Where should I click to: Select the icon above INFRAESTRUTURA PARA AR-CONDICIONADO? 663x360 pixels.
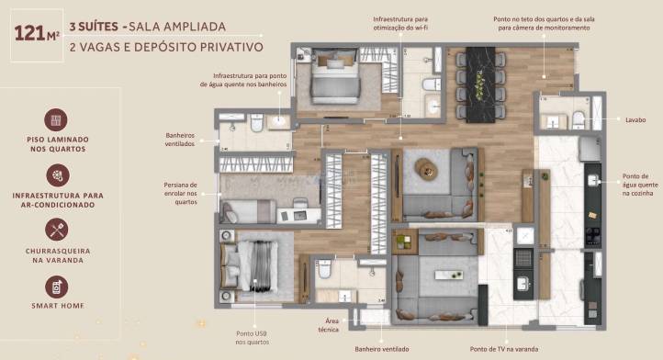coord(56,175)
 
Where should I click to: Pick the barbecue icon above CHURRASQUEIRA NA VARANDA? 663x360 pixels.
coord(56,230)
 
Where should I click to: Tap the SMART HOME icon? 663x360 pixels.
coord(56,286)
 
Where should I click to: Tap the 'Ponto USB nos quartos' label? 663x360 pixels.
coord(252,337)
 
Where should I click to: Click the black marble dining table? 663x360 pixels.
coord(480,83)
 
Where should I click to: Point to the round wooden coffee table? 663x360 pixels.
coord(427,169)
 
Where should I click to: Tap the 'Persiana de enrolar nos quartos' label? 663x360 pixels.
coord(181,193)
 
